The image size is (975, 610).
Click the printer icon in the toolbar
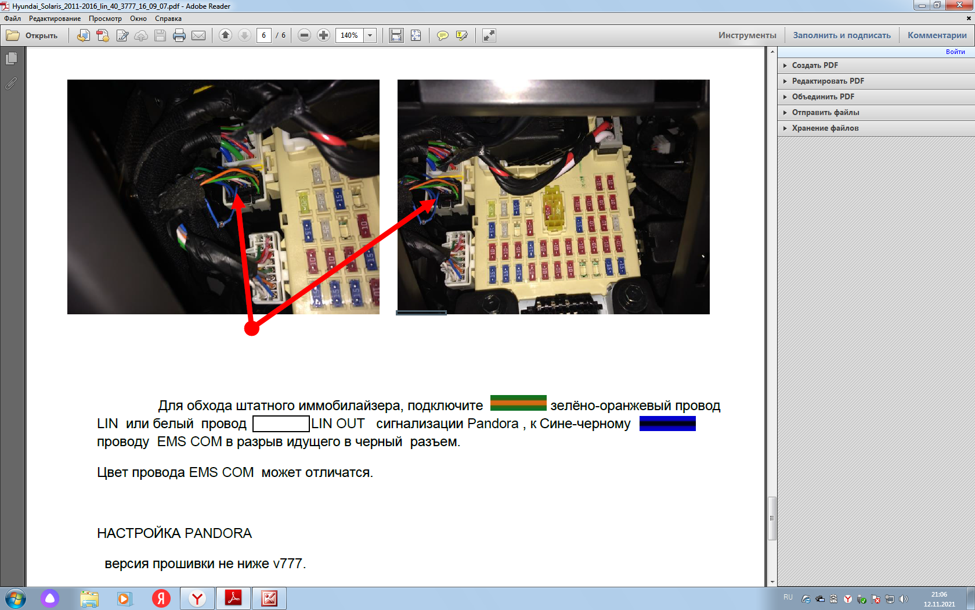tap(179, 35)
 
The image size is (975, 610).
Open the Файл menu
tap(13, 19)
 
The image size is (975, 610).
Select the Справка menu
tap(168, 19)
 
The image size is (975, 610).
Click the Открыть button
tap(32, 35)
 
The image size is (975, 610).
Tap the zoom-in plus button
tap(323, 35)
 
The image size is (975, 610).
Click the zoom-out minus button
tap(304, 35)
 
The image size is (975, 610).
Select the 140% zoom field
tap(349, 35)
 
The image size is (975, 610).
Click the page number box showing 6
tap(263, 35)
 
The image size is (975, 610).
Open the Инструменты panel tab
tap(747, 35)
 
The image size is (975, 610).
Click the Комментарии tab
tap(937, 35)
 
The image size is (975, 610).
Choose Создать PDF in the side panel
tap(815, 65)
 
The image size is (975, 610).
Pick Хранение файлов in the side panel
tap(825, 128)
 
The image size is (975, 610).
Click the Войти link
tap(955, 52)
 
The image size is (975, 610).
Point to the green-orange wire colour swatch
tap(518, 403)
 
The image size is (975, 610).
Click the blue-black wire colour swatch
tap(667, 424)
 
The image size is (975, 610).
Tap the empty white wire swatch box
tap(281, 424)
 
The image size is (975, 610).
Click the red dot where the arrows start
tap(252, 329)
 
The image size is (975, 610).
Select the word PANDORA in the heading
tap(218, 533)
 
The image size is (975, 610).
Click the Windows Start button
tap(16, 598)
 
